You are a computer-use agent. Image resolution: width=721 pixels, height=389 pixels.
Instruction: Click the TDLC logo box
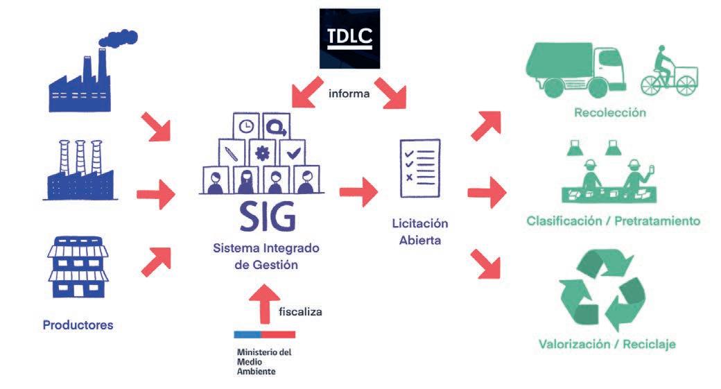point(349,38)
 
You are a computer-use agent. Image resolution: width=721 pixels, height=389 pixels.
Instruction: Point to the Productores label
point(78,325)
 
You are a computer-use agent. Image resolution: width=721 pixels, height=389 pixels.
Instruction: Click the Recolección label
point(610,112)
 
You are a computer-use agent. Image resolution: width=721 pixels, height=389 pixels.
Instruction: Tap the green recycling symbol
point(602,291)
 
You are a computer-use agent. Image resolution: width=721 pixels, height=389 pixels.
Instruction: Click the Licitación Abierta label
point(419,232)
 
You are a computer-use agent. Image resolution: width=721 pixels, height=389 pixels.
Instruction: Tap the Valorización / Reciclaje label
point(607,344)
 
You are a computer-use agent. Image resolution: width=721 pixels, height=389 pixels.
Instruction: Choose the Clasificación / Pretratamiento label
point(613,222)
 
